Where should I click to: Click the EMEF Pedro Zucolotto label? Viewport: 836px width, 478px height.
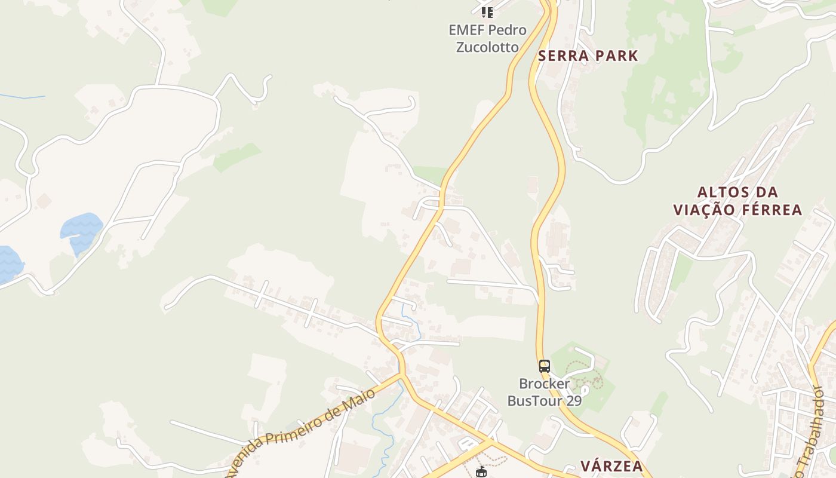click(487, 38)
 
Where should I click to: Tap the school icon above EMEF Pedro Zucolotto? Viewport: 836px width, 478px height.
click(487, 12)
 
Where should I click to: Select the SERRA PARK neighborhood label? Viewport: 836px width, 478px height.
click(588, 56)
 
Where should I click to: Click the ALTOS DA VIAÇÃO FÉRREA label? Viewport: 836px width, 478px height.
click(737, 201)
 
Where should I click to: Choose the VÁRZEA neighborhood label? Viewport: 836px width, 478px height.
click(611, 467)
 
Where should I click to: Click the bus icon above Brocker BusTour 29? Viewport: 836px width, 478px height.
click(544, 366)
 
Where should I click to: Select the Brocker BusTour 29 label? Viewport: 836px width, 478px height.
click(544, 392)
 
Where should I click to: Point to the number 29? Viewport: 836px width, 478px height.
click(573, 400)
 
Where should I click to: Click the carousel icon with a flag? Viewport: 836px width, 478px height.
click(481, 472)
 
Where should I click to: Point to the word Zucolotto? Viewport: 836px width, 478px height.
click(487, 47)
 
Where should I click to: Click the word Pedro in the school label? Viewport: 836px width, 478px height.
click(507, 30)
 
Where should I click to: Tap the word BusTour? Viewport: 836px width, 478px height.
click(534, 400)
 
